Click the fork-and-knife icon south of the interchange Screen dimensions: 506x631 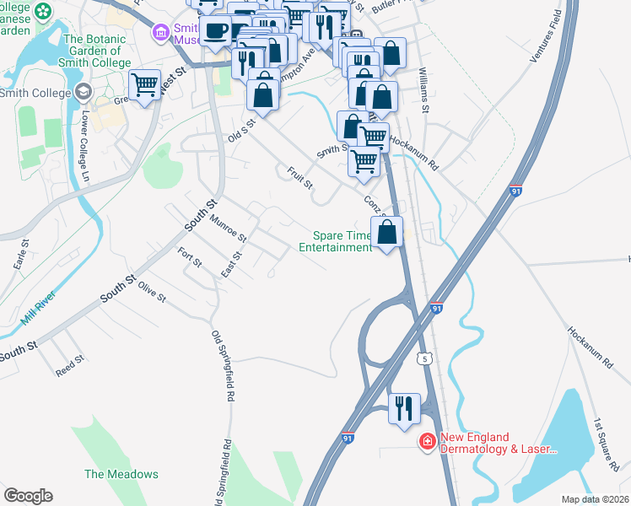pyautogui.click(x=404, y=408)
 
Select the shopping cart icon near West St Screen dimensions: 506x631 pyautogui.click(x=145, y=85)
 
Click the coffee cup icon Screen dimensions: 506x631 pyautogui.click(x=216, y=30)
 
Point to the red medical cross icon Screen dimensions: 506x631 pyautogui.click(x=428, y=441)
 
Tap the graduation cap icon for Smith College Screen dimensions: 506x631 pyautogui.click(x=83, y=92)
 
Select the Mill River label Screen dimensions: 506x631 pyautogui.click(x=37, y=313)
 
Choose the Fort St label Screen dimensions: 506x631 pyautogui.click(x=190, y=257)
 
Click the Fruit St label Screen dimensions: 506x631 pyautogui.click(x=299, y=177)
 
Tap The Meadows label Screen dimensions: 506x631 pyautogui.click(x=121, y=474)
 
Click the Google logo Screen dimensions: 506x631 pyautogui.click(x=28, y=496)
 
